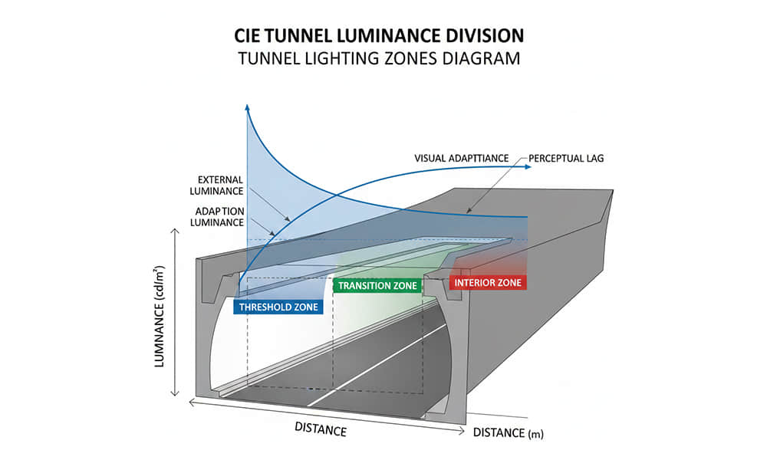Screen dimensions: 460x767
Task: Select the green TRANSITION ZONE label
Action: tap(378, 286)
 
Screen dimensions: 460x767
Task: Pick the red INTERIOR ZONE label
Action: tap(488, 283)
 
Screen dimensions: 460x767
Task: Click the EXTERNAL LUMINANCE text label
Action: tap(218, 185)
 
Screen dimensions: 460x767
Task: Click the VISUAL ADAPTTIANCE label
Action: tap(462, 158)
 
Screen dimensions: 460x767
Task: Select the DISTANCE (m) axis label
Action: tap(508, 434)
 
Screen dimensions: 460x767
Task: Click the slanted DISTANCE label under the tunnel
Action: tap(321, 429)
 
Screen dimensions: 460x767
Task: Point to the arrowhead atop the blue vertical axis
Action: tap(247, 107)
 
